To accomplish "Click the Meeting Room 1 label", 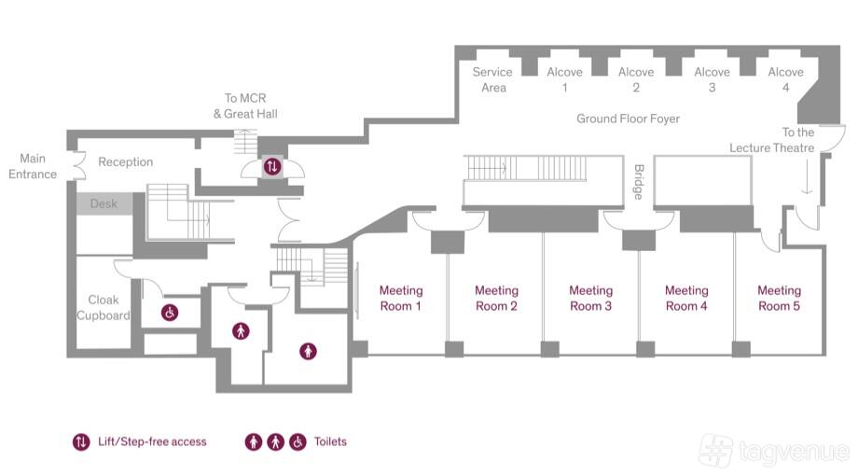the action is tap(401, 298).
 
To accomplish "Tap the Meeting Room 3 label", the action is tap(591, 298).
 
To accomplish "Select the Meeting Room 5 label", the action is tap(780, 298).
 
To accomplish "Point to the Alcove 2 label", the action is tap(636, 79).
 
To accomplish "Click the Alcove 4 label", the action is tap(786, 79).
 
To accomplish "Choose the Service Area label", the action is tap(492, 79).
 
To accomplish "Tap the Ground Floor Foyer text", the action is tap(629, 119).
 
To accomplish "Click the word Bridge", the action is tap(639, 182).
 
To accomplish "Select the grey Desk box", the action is tap(104, 203).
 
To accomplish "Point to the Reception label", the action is tap(125, 161).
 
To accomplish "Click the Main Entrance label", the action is tap(33, 166).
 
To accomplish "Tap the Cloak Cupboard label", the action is tap(104, 307).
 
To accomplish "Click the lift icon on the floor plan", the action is tap(272, 166).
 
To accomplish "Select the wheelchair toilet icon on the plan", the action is tap(170, 313).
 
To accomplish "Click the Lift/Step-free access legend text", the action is tap(152, 441).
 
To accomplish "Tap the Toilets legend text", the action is tap(330, 441).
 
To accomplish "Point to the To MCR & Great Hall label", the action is tap(245, 105).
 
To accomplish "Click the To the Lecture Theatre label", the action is tap(771, 140).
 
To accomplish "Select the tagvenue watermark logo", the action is tap(774, 450).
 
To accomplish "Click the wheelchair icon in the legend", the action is tap(298, 441).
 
